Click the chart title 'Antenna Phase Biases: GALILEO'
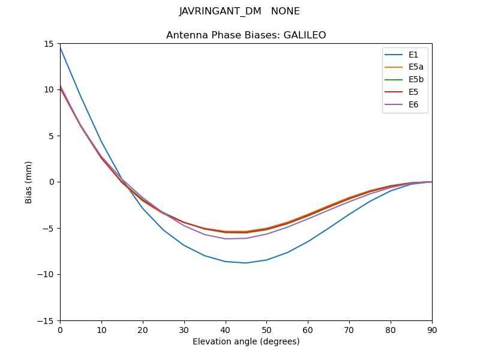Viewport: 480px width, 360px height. [x=246, y=35]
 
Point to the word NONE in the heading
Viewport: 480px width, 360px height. [x=285, y=11]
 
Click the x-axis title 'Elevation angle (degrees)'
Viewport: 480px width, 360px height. [x=246, y=342]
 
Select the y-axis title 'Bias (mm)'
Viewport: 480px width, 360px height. [x=29, y=182]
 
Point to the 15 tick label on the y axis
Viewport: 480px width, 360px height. [x=49, y=43]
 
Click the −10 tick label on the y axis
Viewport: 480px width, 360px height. [x=46, y=274]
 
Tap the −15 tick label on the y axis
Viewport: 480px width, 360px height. [x=46, y=320]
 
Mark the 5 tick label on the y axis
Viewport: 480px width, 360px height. [x=52, y=136]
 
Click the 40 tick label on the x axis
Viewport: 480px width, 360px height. [x=226, y=329]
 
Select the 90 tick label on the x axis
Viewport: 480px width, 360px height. [x=432, y=329]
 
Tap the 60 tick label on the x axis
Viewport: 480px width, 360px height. [x=308, y=329]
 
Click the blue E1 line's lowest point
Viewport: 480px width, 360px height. [x=246, y=263]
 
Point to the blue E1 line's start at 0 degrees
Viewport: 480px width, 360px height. [x=60, y=47]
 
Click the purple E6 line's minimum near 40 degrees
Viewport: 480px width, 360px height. [x=226, y=239]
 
